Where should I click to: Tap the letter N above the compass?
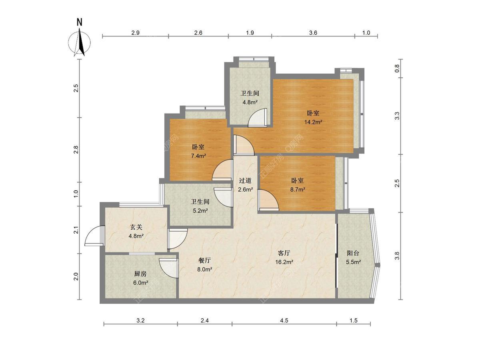(x=80, y=22)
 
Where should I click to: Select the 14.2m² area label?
(x=313, y=122)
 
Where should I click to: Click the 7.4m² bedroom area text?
(x=198, y=156)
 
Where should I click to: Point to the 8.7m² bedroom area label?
(x=298, y=189)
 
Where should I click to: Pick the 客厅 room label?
(x=284, y=253)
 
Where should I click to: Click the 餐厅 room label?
(x=204, y=260)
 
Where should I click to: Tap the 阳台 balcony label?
(x=353, y=253)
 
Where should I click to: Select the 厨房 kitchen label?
(x=140, y=274)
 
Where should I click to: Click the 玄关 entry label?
(x=136, y=227)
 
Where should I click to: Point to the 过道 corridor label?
(x=245, y=180)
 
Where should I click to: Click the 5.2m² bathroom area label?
(x=200, y=210)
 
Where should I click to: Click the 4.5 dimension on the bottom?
(x=284, y=320)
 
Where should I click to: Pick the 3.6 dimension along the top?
(x=313, y=33)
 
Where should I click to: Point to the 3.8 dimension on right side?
(x=397, y=256)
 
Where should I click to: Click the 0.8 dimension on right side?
(x=397, y=68)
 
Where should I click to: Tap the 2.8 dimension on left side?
(x=76, y=150)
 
